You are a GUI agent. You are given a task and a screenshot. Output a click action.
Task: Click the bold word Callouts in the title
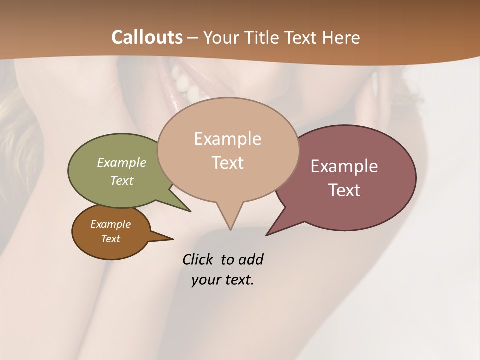[x=147, y=37]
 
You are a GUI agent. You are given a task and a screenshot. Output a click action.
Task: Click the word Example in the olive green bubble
[x=122, y=162]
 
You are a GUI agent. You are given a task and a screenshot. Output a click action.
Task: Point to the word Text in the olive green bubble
[x=122, y=180]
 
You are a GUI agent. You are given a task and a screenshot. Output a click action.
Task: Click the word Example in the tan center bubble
[x=227, y=139]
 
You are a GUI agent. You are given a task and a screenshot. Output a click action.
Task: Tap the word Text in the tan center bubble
[x=228, y=163]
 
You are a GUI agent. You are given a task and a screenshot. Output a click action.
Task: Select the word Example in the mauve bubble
[x=344, y=166]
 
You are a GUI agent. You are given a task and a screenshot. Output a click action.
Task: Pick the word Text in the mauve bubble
[x=345, y=190]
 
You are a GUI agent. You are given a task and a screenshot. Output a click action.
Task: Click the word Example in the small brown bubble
[x=110, y=224]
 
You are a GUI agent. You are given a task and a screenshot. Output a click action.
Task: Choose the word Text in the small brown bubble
[x=110, y=239]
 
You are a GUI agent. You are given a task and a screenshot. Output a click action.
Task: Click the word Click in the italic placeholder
[x=198, y=260]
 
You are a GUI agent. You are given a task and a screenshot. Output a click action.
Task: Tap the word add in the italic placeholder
[x=251, y=260]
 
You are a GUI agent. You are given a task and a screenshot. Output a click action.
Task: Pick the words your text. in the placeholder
[x=223, y=280]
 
